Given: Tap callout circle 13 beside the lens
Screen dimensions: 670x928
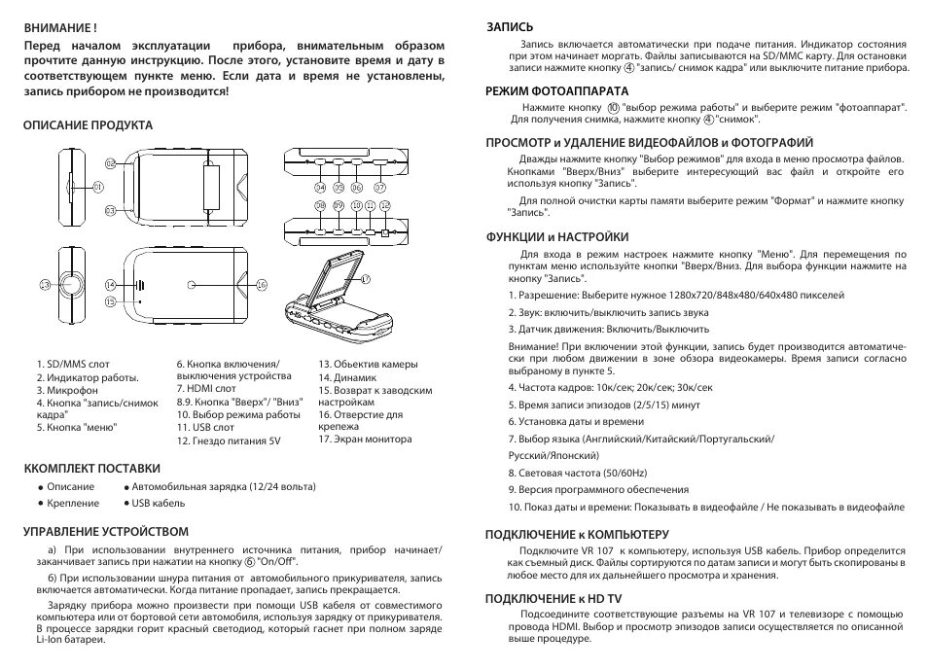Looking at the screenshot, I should (x=45, y=285).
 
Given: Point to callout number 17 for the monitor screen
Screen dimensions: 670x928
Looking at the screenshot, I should (x=367, y=278).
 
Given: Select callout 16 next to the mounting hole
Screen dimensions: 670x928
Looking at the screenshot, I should (x=261, y=285).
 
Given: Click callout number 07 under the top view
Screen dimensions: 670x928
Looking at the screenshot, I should (x=380, y=186).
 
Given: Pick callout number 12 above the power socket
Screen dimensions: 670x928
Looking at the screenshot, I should (x=385, y=206).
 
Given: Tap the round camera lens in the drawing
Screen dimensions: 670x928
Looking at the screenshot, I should (x=73, y=285).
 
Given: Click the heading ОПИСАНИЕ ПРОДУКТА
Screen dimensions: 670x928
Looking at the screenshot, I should (x=89, y=125).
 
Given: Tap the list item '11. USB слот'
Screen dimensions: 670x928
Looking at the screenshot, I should (x=205, y=427).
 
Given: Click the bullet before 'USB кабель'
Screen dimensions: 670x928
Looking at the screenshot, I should (x=127, y=504).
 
